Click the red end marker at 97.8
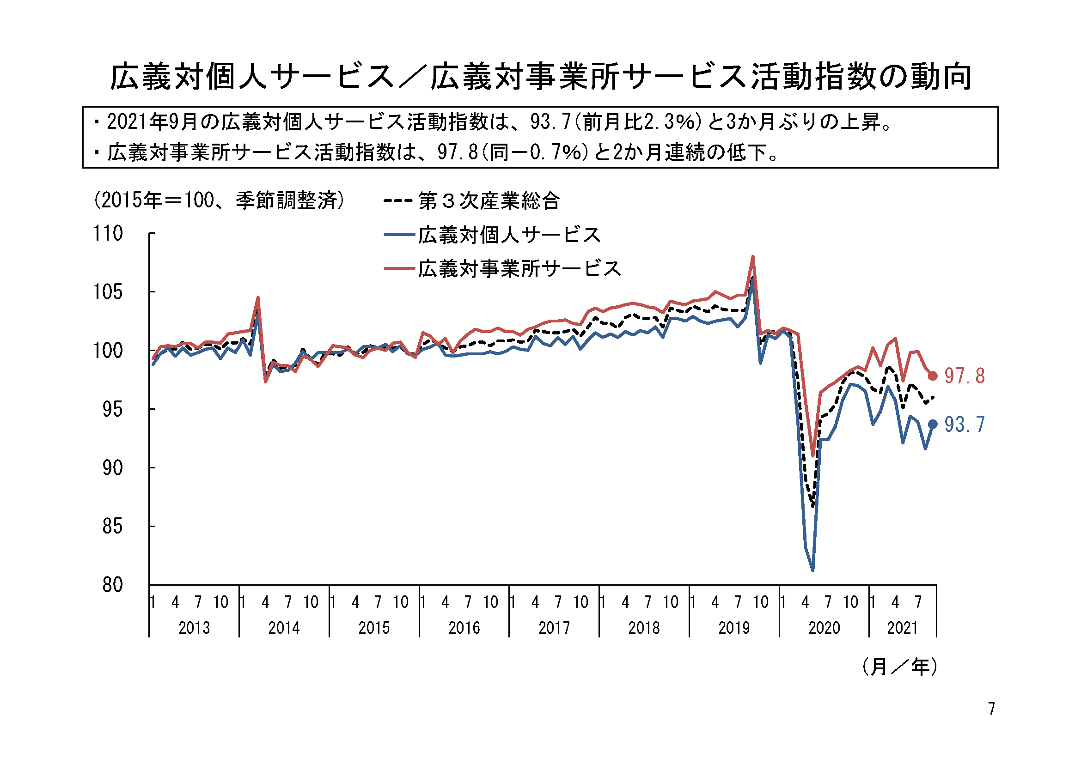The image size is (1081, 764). pyautogui.click(x=932, y=376)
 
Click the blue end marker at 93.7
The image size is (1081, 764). pyautogui.click(x=932, y=424)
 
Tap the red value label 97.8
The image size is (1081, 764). pyautogui.click(x=965, y=376)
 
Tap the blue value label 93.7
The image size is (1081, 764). pyautogui.click(x=965, y=425)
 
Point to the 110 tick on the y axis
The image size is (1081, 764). pyautogui.click(x=108, y=234)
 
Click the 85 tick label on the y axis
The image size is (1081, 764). pyautogui.click(x=112, y=527)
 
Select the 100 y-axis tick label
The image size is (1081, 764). pyautogui.click(x=108, y=351)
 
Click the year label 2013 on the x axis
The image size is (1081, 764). pyautogui.click(x=194, y=628)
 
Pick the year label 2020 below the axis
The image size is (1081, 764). pyautogui.click(x=824, y=628)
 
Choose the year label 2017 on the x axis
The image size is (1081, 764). pyautogui.click(x=554, y=628)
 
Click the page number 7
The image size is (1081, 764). pyautogui.click(x=991, y=709)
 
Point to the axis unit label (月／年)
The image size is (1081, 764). pyautogui.click(x=900, y=667)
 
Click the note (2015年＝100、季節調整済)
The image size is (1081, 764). pyautogui.click(x=220, y=200)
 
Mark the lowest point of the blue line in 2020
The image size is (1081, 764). pyautogui.click(x=812, y=570)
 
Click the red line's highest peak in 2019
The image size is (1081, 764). pyautogui.click(x=753, y=257)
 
